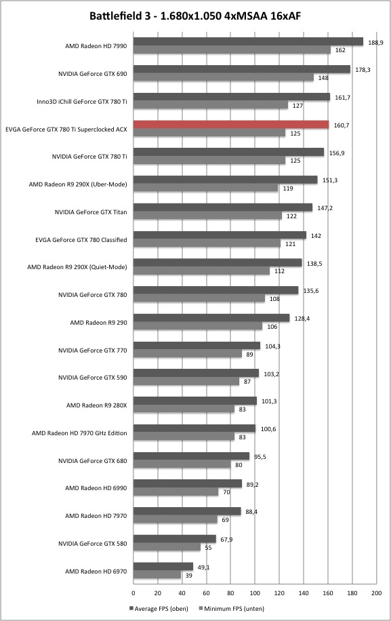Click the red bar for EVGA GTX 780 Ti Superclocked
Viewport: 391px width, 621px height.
click(x=231, y=124)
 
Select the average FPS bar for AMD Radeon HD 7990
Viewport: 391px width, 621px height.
click(x=248, y=41)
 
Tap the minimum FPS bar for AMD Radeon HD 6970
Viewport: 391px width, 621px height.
click(x=157, y=575)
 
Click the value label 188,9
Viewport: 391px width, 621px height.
click(x=375, y=43)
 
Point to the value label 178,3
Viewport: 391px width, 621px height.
click(x=363, y=70)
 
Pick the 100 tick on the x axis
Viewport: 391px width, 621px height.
click(x=255, y=593)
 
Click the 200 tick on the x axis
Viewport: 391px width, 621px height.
click(x=376, y=593)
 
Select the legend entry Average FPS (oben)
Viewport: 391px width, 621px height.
click(x=159, y=608)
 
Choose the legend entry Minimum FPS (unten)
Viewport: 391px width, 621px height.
click(x=231, y=608)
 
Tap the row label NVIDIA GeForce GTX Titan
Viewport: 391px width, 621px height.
click(x=91, y=212)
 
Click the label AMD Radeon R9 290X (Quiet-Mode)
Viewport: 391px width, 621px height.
click(x=77, y=267)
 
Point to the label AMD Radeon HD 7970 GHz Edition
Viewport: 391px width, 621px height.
click(x=79, y=433)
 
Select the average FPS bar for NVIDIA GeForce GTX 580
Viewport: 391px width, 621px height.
click(x=175, y=538)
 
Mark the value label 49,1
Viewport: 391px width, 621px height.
click(x=203, y=567)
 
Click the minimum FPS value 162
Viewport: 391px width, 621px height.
click(x=340, y=50)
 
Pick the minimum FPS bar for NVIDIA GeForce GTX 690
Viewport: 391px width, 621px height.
click(x=223, y=77)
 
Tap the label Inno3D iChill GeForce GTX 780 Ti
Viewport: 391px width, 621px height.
click(x=82, y=102)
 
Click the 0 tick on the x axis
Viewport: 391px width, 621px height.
click(x=133, y=593)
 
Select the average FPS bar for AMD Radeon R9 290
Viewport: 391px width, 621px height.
click(x=211, y=318)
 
